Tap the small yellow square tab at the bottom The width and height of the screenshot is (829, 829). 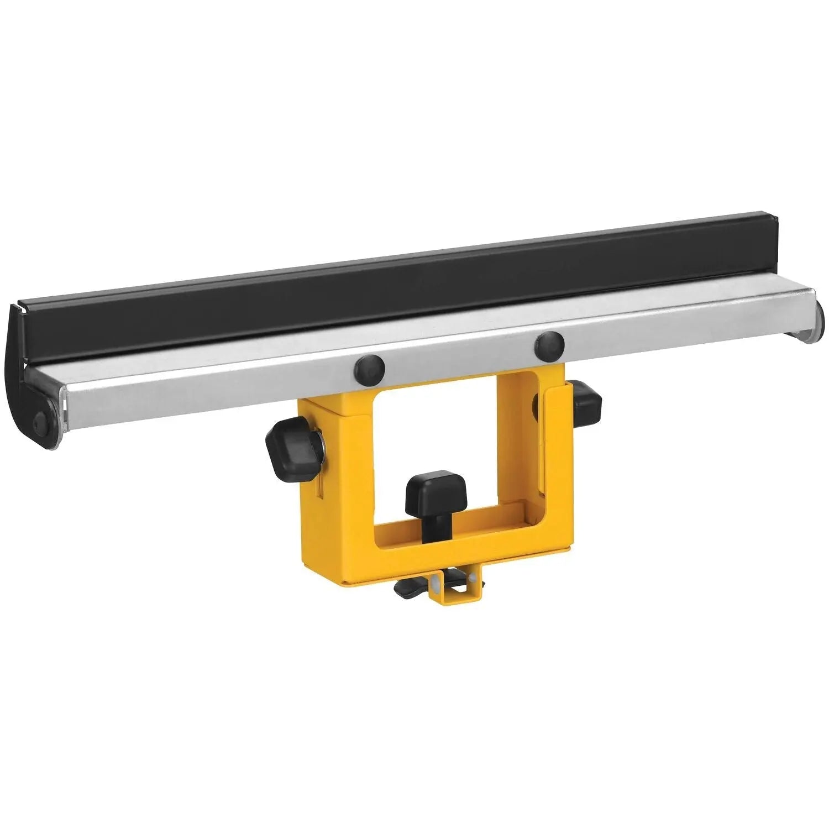(x=458, y=594)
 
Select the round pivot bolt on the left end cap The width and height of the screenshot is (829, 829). (x=42, y=420)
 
